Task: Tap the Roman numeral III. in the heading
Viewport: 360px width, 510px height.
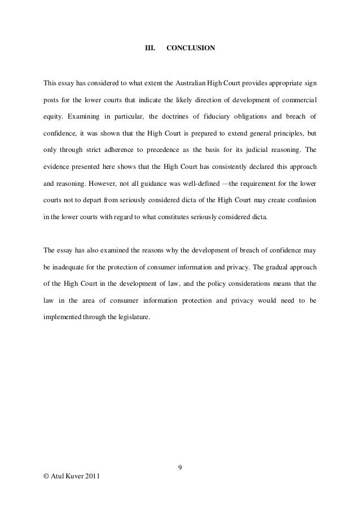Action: click(x=150, y=49)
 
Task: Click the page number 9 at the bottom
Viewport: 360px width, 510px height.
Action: click(x=179, y=467)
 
